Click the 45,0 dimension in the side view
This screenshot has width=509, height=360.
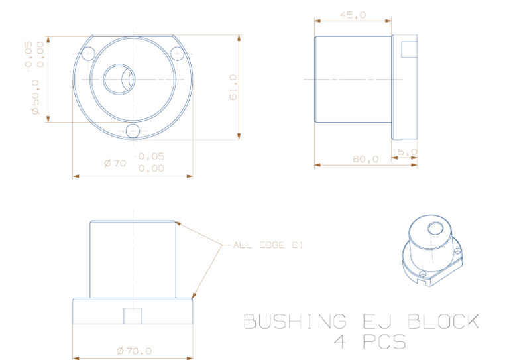pos(353,15)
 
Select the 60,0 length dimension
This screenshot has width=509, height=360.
pos(365,159)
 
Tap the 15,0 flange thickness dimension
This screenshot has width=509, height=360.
pos(406,152)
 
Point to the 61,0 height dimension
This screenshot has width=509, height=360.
pos(233,88)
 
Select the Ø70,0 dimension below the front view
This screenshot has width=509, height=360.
pos(134,350)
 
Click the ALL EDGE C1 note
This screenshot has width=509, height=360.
pos(268,245)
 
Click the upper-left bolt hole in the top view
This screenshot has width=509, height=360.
pos(89,53)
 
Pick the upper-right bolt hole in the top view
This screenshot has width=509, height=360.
pos(177,53)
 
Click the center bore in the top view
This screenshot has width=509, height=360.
pos(119,78)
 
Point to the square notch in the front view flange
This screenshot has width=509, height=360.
pos(133,316)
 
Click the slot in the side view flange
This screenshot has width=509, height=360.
pos(409,48)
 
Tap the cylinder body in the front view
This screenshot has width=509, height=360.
pos(133,259)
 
